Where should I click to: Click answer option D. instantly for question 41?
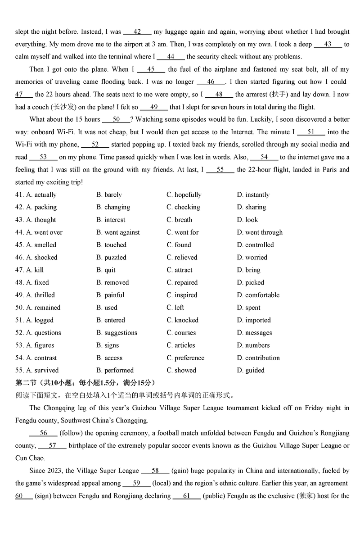click(x=253, y=195)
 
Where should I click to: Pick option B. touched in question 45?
click(x=111, y=245)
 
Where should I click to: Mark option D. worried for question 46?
click(x=252, y=258)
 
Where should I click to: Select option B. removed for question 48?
click(x=112, y=283)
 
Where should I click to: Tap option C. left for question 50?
click(x=175, y=308)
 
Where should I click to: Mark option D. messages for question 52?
click(x=254, y=333)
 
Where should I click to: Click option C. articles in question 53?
click(x=181, y=345)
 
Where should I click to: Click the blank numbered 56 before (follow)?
click(x=43, y=433)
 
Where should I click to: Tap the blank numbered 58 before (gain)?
click(x=155, y=471)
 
